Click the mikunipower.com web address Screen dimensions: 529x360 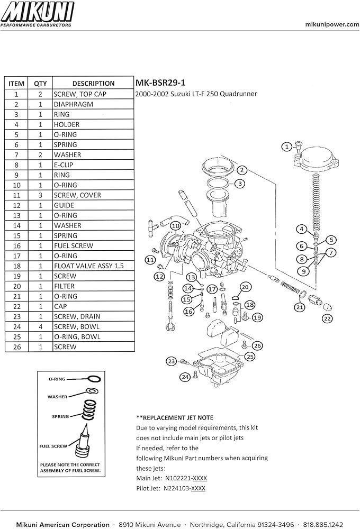tap(332, 24)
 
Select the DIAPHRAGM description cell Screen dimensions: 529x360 tap(73, 104)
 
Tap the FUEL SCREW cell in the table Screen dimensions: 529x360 tap(73, 245)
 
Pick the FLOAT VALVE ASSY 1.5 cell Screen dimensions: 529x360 tap(88, 266)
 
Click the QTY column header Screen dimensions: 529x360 tap(40, 83)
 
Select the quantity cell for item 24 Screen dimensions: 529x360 tap(40, 326)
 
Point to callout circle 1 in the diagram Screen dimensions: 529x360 tap(286, 146)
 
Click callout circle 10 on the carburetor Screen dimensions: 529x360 tap(175, 225)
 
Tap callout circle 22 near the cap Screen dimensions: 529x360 tap(328, 318)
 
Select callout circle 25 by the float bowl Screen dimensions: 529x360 tap(249, 357)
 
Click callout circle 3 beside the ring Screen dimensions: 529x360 tap(240, 184)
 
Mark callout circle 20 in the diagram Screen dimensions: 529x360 tap(245, 287)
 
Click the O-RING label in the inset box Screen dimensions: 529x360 tap(57, 379)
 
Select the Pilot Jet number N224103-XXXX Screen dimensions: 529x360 tap(185, 488)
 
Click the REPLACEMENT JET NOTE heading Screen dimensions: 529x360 tap(175, 417)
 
